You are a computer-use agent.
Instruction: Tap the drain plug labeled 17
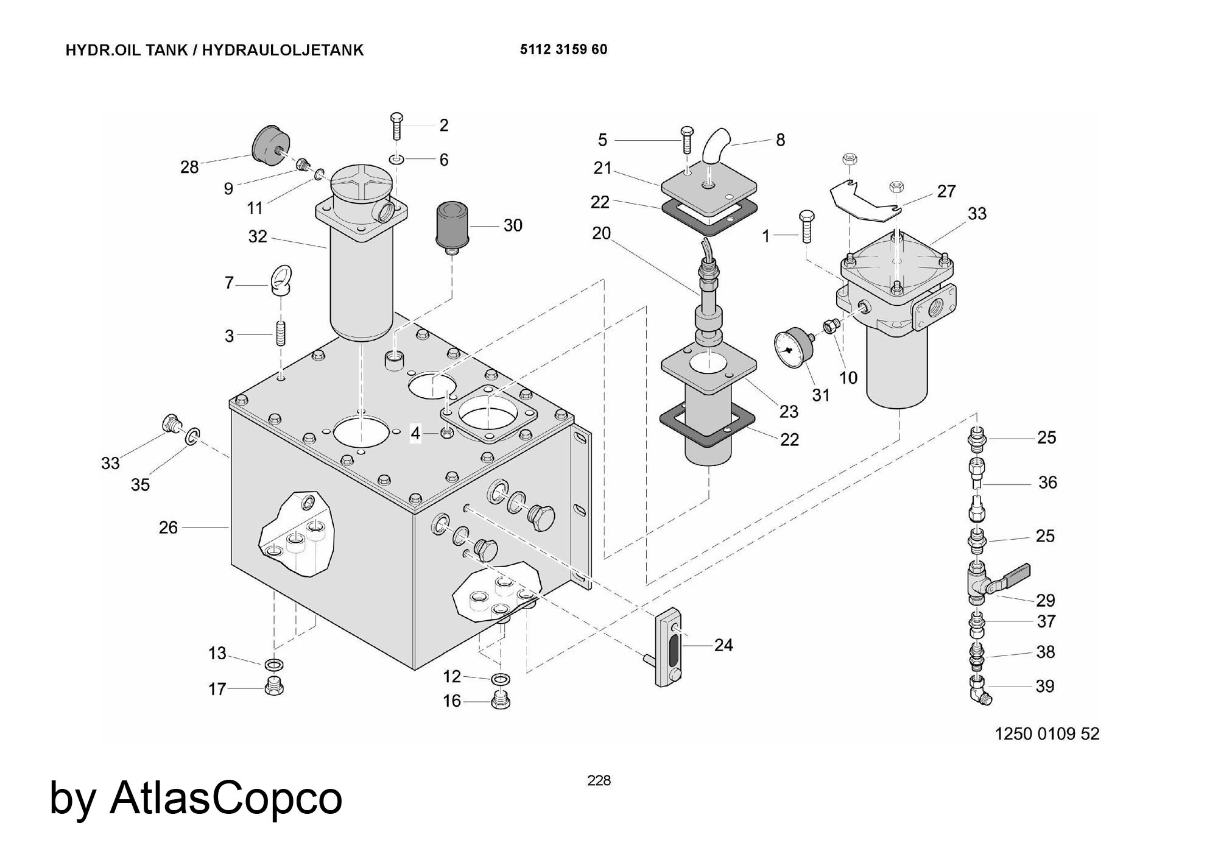273,687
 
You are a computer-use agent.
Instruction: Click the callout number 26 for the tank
168,527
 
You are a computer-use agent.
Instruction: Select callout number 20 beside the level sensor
601,233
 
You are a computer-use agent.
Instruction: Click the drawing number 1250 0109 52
1047,733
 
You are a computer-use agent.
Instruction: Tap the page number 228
599,780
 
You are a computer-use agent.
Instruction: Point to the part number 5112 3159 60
563,49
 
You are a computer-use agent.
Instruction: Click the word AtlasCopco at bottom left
226,798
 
